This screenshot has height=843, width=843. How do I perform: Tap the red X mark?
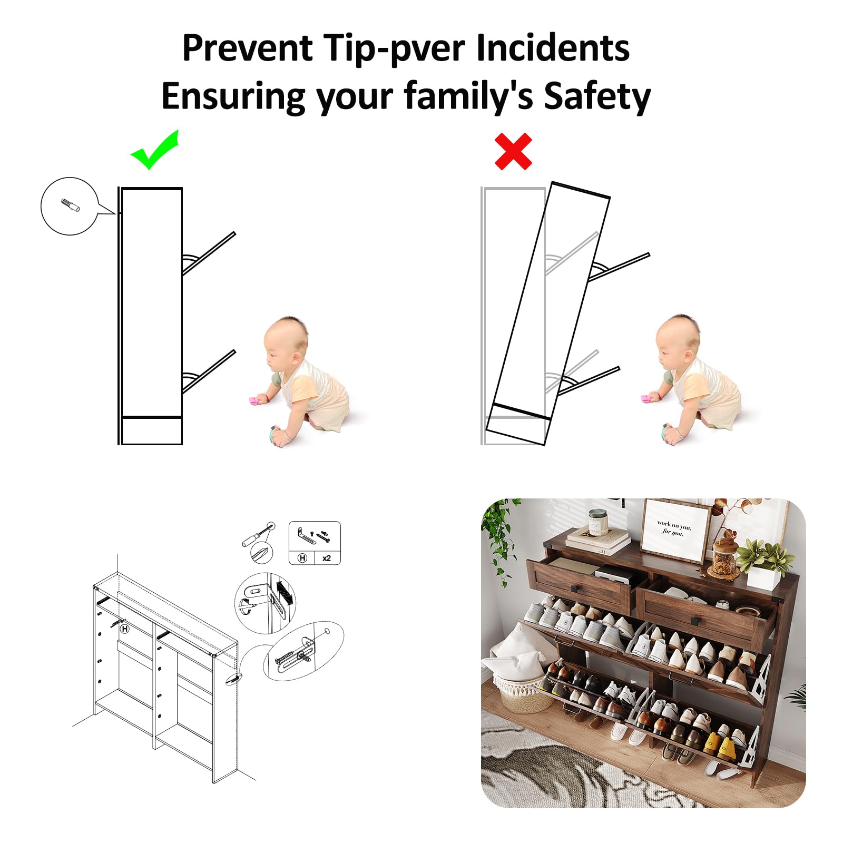pos(513,152)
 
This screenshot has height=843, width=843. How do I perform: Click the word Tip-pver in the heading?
pos(395,48)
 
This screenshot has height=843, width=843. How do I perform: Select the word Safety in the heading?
pos(597,96)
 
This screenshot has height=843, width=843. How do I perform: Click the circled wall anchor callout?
pos(70,206)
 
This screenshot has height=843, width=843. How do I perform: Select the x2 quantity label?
pos(327,558)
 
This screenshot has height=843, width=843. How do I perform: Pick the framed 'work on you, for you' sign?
pos(675,530)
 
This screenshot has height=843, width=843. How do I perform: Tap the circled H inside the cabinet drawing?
pos(125,629)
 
